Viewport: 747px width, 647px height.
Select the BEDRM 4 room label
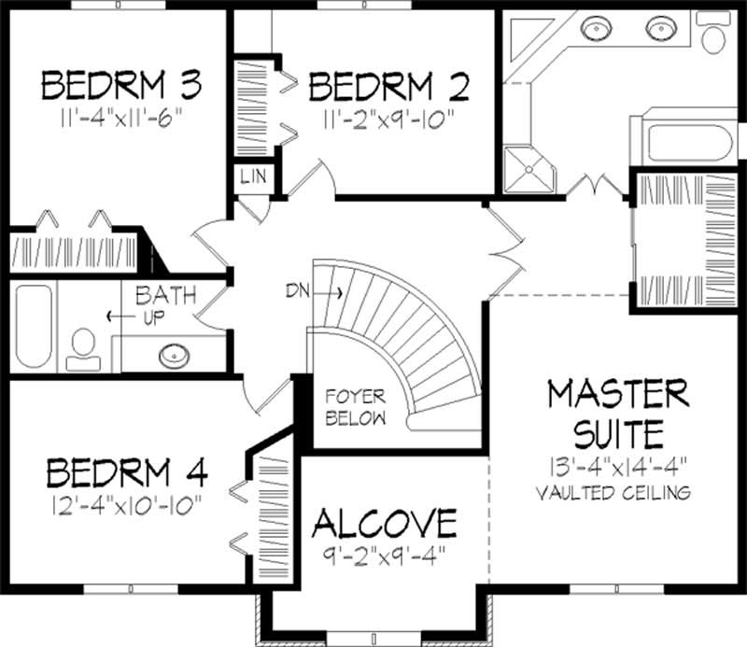(x=126, y=472)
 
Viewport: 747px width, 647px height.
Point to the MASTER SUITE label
(x=618, y=414)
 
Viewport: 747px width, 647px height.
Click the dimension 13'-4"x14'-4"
(x=618, y=466)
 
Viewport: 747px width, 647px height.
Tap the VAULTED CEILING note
(x=618, y=491)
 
